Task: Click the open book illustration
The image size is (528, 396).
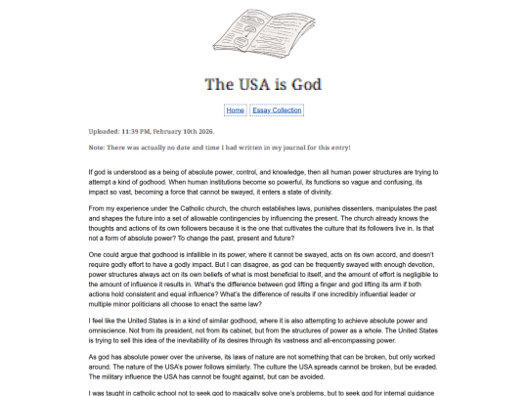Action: pos(263,34)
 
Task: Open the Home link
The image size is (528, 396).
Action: pos(235,110)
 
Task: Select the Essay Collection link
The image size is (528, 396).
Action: pos(277,110)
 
